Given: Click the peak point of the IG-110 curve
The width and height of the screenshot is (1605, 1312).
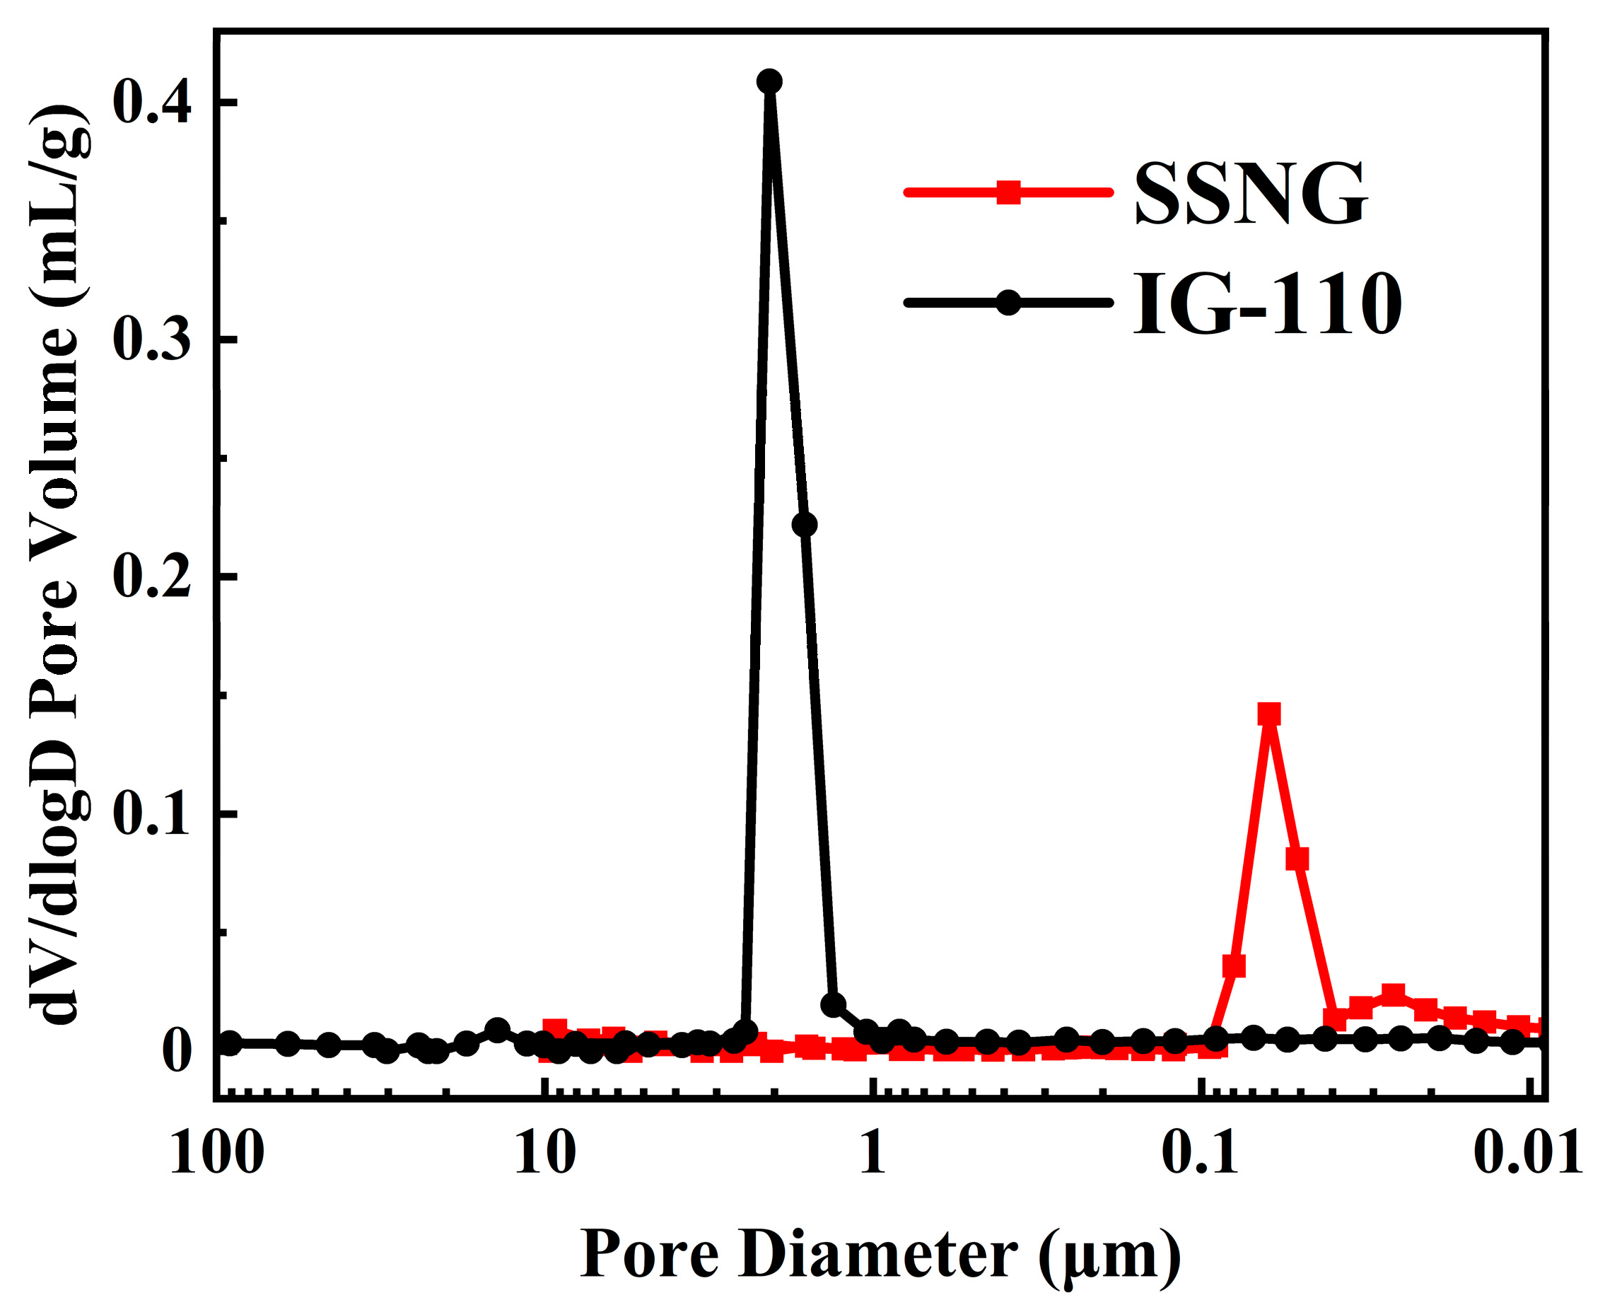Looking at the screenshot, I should coord(769,81).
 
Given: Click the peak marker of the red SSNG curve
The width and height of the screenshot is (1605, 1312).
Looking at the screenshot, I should coord(1268,714).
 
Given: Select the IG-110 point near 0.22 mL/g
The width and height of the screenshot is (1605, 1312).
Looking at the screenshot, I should coord(805,525).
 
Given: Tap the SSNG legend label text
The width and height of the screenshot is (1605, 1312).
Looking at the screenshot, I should coord(1250,195).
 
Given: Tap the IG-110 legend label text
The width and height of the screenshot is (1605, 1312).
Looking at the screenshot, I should coord(1266,305).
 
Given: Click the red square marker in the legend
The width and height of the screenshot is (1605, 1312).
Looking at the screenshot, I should coord(1009,192).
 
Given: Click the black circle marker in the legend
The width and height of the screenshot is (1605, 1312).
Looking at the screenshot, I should coord(1009,303).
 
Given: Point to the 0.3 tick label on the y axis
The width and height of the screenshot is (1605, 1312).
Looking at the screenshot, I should coord(151,339).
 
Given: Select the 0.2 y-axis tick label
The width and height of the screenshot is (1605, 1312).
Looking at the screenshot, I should coord(151,577).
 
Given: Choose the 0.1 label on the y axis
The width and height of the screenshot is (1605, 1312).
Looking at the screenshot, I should coord(151,815).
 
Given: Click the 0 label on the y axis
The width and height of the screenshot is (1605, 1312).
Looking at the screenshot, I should coord(176,1051).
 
